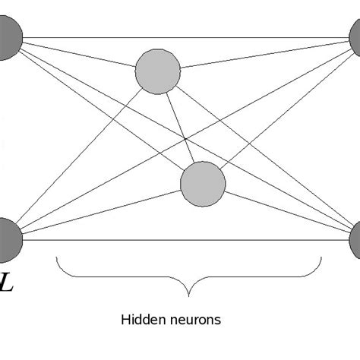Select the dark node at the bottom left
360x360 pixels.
coord(7,237)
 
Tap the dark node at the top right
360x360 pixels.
coord(355,38)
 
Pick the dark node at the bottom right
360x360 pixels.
coord(355,240)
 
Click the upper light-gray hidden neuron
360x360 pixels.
coord(158,71)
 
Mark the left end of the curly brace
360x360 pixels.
coord(57,260)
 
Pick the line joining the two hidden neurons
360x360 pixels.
coord(181,128)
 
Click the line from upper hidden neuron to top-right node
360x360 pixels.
coord(266,55)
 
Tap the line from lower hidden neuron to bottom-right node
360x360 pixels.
coord(289,216)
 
